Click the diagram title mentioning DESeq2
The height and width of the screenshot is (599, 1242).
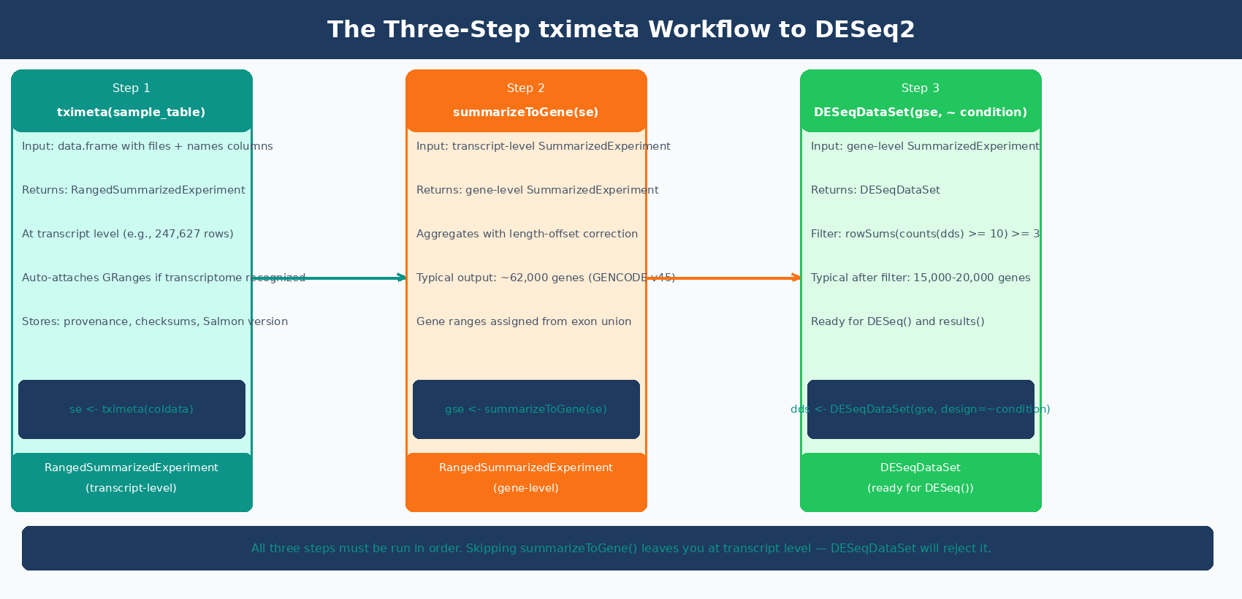coord(620,30)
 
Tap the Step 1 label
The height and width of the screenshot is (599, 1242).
coord(132,88)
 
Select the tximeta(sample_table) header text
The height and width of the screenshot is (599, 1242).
coord(132,112)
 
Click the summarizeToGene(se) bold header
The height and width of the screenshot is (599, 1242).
coord(526,112)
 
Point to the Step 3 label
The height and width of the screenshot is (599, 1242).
coord(921,88)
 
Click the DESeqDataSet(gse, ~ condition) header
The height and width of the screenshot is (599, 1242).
coord(921,112)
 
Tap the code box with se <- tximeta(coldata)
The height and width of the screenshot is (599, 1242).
coord(132,409)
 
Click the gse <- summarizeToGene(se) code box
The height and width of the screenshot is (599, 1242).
coord(526,409)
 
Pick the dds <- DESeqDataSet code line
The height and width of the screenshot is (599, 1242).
coord(921,409)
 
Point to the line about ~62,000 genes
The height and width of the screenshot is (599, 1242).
coord(545,278)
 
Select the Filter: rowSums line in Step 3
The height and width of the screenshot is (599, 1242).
coord(925,234)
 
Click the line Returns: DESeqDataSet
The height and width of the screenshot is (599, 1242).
coord(875,190)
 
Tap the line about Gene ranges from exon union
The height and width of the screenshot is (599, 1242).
coord(523,321)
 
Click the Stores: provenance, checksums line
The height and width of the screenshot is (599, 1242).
coord(154,321)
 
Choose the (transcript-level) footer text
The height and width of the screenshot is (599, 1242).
coord(132,488)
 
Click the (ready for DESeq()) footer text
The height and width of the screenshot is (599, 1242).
coord(921,488)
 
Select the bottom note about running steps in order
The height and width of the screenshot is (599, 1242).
coord(621,549)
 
